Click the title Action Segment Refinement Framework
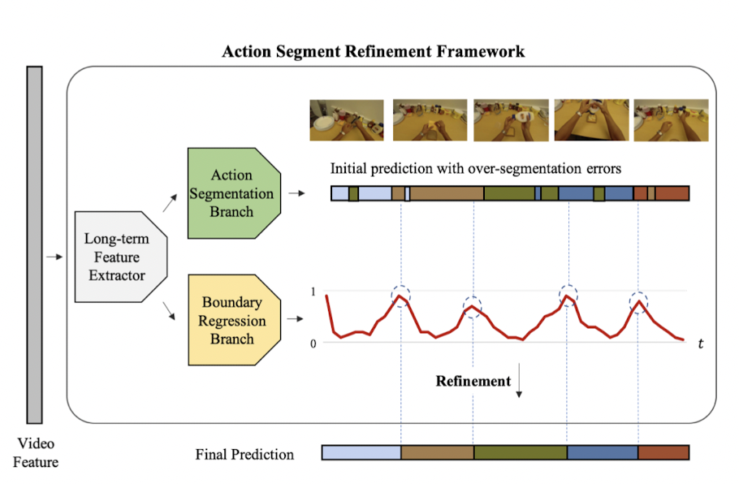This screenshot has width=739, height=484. pyautogui.click(x=374, y=51)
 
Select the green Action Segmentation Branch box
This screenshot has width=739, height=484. pyautogui.click(x=233, y=193)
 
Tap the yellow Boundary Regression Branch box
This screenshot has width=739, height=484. pyautogui.click(x=233, y=320)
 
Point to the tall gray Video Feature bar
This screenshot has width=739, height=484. pyautogui.click(x=34, y=244)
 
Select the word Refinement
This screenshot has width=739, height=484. pyautogui.click(x=473, y=381)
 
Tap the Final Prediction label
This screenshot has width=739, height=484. pyautogui.click(x=244, y=454)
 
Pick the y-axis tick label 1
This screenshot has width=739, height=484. pyautogui.click(x=313, y=291)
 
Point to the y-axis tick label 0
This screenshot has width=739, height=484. pyautogui.click(x=313, y=343)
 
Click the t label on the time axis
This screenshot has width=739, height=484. pyautogui.click(x=700, y=344)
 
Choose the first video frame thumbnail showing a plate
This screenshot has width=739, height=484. pyautogui.click(x=346, y=120)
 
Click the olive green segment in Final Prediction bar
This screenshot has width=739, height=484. pyautogui.click(x=520, y=453)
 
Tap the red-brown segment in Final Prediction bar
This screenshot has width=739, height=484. pyautogui.click(x=663, y=453)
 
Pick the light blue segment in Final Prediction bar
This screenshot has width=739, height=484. pyautogui.click(x=361, y=453)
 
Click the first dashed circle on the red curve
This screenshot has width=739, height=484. pyautogui.click(x=400, y=296)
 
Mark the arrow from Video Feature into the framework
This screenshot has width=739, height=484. pyautogui.click(x=54, y=257)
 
